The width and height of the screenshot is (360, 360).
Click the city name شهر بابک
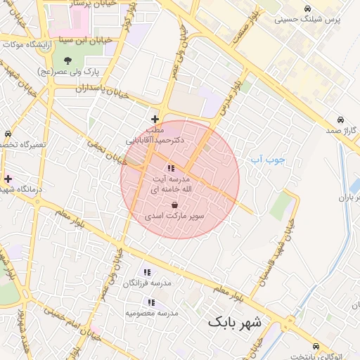tap(234, 323)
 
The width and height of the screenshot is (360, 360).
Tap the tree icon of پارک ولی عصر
tap(67, 59)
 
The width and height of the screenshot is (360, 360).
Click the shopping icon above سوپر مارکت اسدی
tap(174, 205)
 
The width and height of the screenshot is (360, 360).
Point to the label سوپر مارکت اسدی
tap(174, 217)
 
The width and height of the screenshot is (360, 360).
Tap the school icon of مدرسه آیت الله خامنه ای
tap(171, 168)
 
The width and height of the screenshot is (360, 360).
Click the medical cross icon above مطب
tap(155, 119)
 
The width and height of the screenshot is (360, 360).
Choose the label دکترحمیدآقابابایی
tap(155, 140)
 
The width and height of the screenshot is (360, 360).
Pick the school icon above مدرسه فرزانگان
tap(147, 272)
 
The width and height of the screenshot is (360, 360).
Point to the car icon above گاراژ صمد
tap(340, 119)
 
